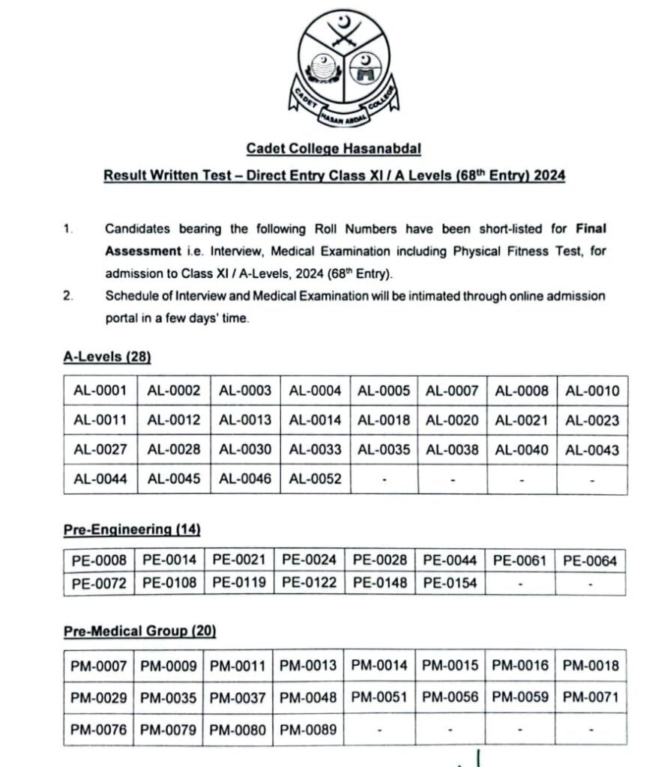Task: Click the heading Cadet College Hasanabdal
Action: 333,149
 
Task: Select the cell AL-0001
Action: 100,390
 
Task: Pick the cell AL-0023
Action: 592,420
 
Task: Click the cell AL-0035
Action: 384,450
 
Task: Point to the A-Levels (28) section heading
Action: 107,357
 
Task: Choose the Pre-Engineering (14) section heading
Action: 132,530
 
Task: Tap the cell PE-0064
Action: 590,560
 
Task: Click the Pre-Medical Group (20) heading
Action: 140,631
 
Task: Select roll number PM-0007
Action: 99,665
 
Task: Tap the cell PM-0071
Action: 591,697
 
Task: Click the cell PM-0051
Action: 379,697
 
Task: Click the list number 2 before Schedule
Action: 68,296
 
